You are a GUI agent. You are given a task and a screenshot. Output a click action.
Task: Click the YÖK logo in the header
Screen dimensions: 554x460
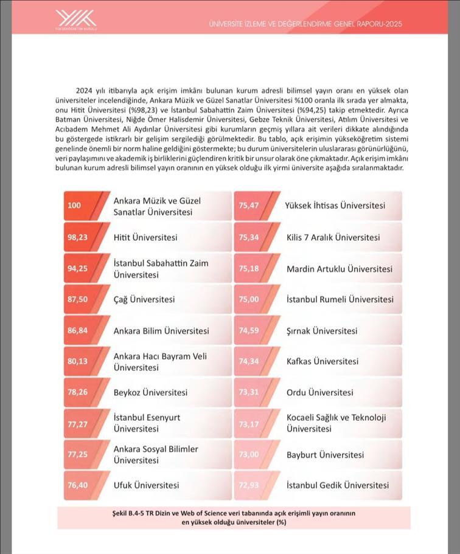click(x=76, y=19)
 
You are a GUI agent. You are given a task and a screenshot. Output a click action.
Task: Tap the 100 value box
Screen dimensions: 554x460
click(x=74, y=206)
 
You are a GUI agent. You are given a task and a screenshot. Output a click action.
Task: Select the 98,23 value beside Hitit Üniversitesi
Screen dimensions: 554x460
click(x=78, y=237)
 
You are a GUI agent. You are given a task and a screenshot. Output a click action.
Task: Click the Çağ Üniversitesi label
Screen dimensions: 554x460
click(x=144, y=299)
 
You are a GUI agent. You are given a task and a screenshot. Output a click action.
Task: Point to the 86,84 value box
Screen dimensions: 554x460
click(x=78, y=331)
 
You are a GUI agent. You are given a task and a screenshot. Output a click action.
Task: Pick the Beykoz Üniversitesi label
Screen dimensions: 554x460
click(x=150, y=393)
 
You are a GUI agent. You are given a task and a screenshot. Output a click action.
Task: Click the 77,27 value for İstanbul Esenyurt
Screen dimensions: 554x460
click(x=78, y=424)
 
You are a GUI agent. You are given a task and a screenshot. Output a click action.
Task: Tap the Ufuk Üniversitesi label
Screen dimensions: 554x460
click(x=146, y=485)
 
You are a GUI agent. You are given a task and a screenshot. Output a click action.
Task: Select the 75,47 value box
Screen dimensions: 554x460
click(x=249, y=206)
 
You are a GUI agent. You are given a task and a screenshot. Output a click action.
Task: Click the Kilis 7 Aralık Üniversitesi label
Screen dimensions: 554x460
click(x=333, y=237)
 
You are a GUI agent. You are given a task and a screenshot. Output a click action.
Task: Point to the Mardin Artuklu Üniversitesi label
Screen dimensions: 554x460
click(x=340, y=268)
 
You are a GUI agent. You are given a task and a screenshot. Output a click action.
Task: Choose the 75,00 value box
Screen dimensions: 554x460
click(x=249, y=299)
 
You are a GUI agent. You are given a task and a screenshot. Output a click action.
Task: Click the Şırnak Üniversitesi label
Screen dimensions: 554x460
click(x=322, y=331)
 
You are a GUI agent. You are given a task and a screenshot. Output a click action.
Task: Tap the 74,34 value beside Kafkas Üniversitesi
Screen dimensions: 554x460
click(x=249, y=361)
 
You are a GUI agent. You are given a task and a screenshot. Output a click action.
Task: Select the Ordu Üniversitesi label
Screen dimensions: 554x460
click(x=319, y=393)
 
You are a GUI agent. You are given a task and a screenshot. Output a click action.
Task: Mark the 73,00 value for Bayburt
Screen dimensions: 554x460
click(x=249, y=455)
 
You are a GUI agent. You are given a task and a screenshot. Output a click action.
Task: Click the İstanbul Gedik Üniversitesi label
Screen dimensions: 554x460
click(x=337, y=485)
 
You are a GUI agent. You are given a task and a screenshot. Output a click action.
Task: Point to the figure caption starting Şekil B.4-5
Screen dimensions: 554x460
click(x=234, y=518)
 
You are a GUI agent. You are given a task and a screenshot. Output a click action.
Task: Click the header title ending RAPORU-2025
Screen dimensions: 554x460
click(x=305, y=24)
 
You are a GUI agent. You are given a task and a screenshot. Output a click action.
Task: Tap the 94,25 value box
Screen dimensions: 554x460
click(x=78, y=268)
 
